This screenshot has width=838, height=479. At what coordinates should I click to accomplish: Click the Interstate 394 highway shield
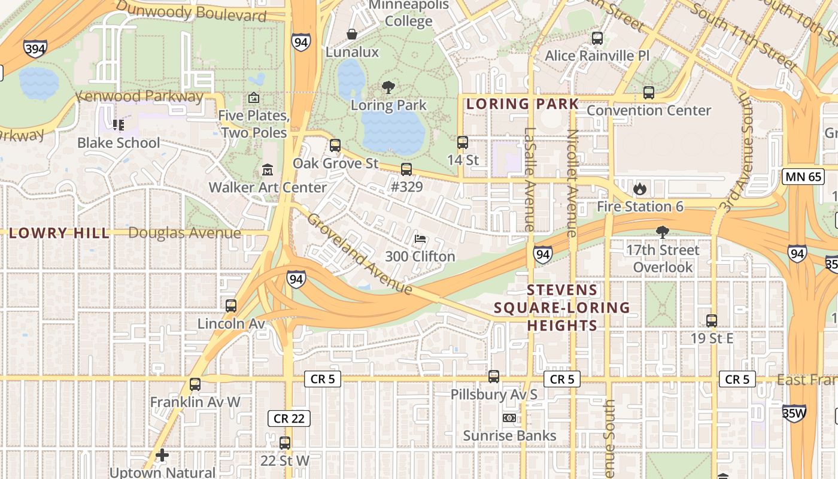tap(35, 48)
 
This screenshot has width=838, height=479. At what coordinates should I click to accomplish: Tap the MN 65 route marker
tap(802, 176)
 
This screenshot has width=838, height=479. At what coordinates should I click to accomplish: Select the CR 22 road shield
tap(289, 418)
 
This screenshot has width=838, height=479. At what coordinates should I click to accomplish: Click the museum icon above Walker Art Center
tap(268, 170)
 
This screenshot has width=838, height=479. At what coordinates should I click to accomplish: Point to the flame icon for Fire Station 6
tap(640, 189)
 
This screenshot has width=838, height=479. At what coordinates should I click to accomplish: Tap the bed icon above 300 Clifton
tap(420, 239)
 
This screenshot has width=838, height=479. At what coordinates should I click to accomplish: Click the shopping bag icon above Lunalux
tap(352, 35)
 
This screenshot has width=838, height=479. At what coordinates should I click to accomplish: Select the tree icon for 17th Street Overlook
tap(662, 232)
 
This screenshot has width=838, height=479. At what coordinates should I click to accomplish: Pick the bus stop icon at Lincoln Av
tap(231, 306)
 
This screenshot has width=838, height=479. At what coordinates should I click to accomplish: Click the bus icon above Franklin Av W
tap(195, 384)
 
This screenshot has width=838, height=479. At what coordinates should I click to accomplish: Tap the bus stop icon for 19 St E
tap(712, 321)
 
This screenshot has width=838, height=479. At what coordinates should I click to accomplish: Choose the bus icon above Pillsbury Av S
tap(494, 377)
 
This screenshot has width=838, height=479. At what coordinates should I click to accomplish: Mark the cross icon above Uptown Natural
tap(162, 456)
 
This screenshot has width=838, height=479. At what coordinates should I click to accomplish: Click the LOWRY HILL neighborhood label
tap(59, 233)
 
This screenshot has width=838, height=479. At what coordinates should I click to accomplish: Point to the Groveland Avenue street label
tap(360, 254)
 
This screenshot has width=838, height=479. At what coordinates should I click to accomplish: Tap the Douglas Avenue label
tap(184, 233)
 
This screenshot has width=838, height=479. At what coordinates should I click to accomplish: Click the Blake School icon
tap(119, 125)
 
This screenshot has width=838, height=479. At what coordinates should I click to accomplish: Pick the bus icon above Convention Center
tap(649, 93)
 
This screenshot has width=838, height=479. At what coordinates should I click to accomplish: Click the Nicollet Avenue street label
tap(572, 183)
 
